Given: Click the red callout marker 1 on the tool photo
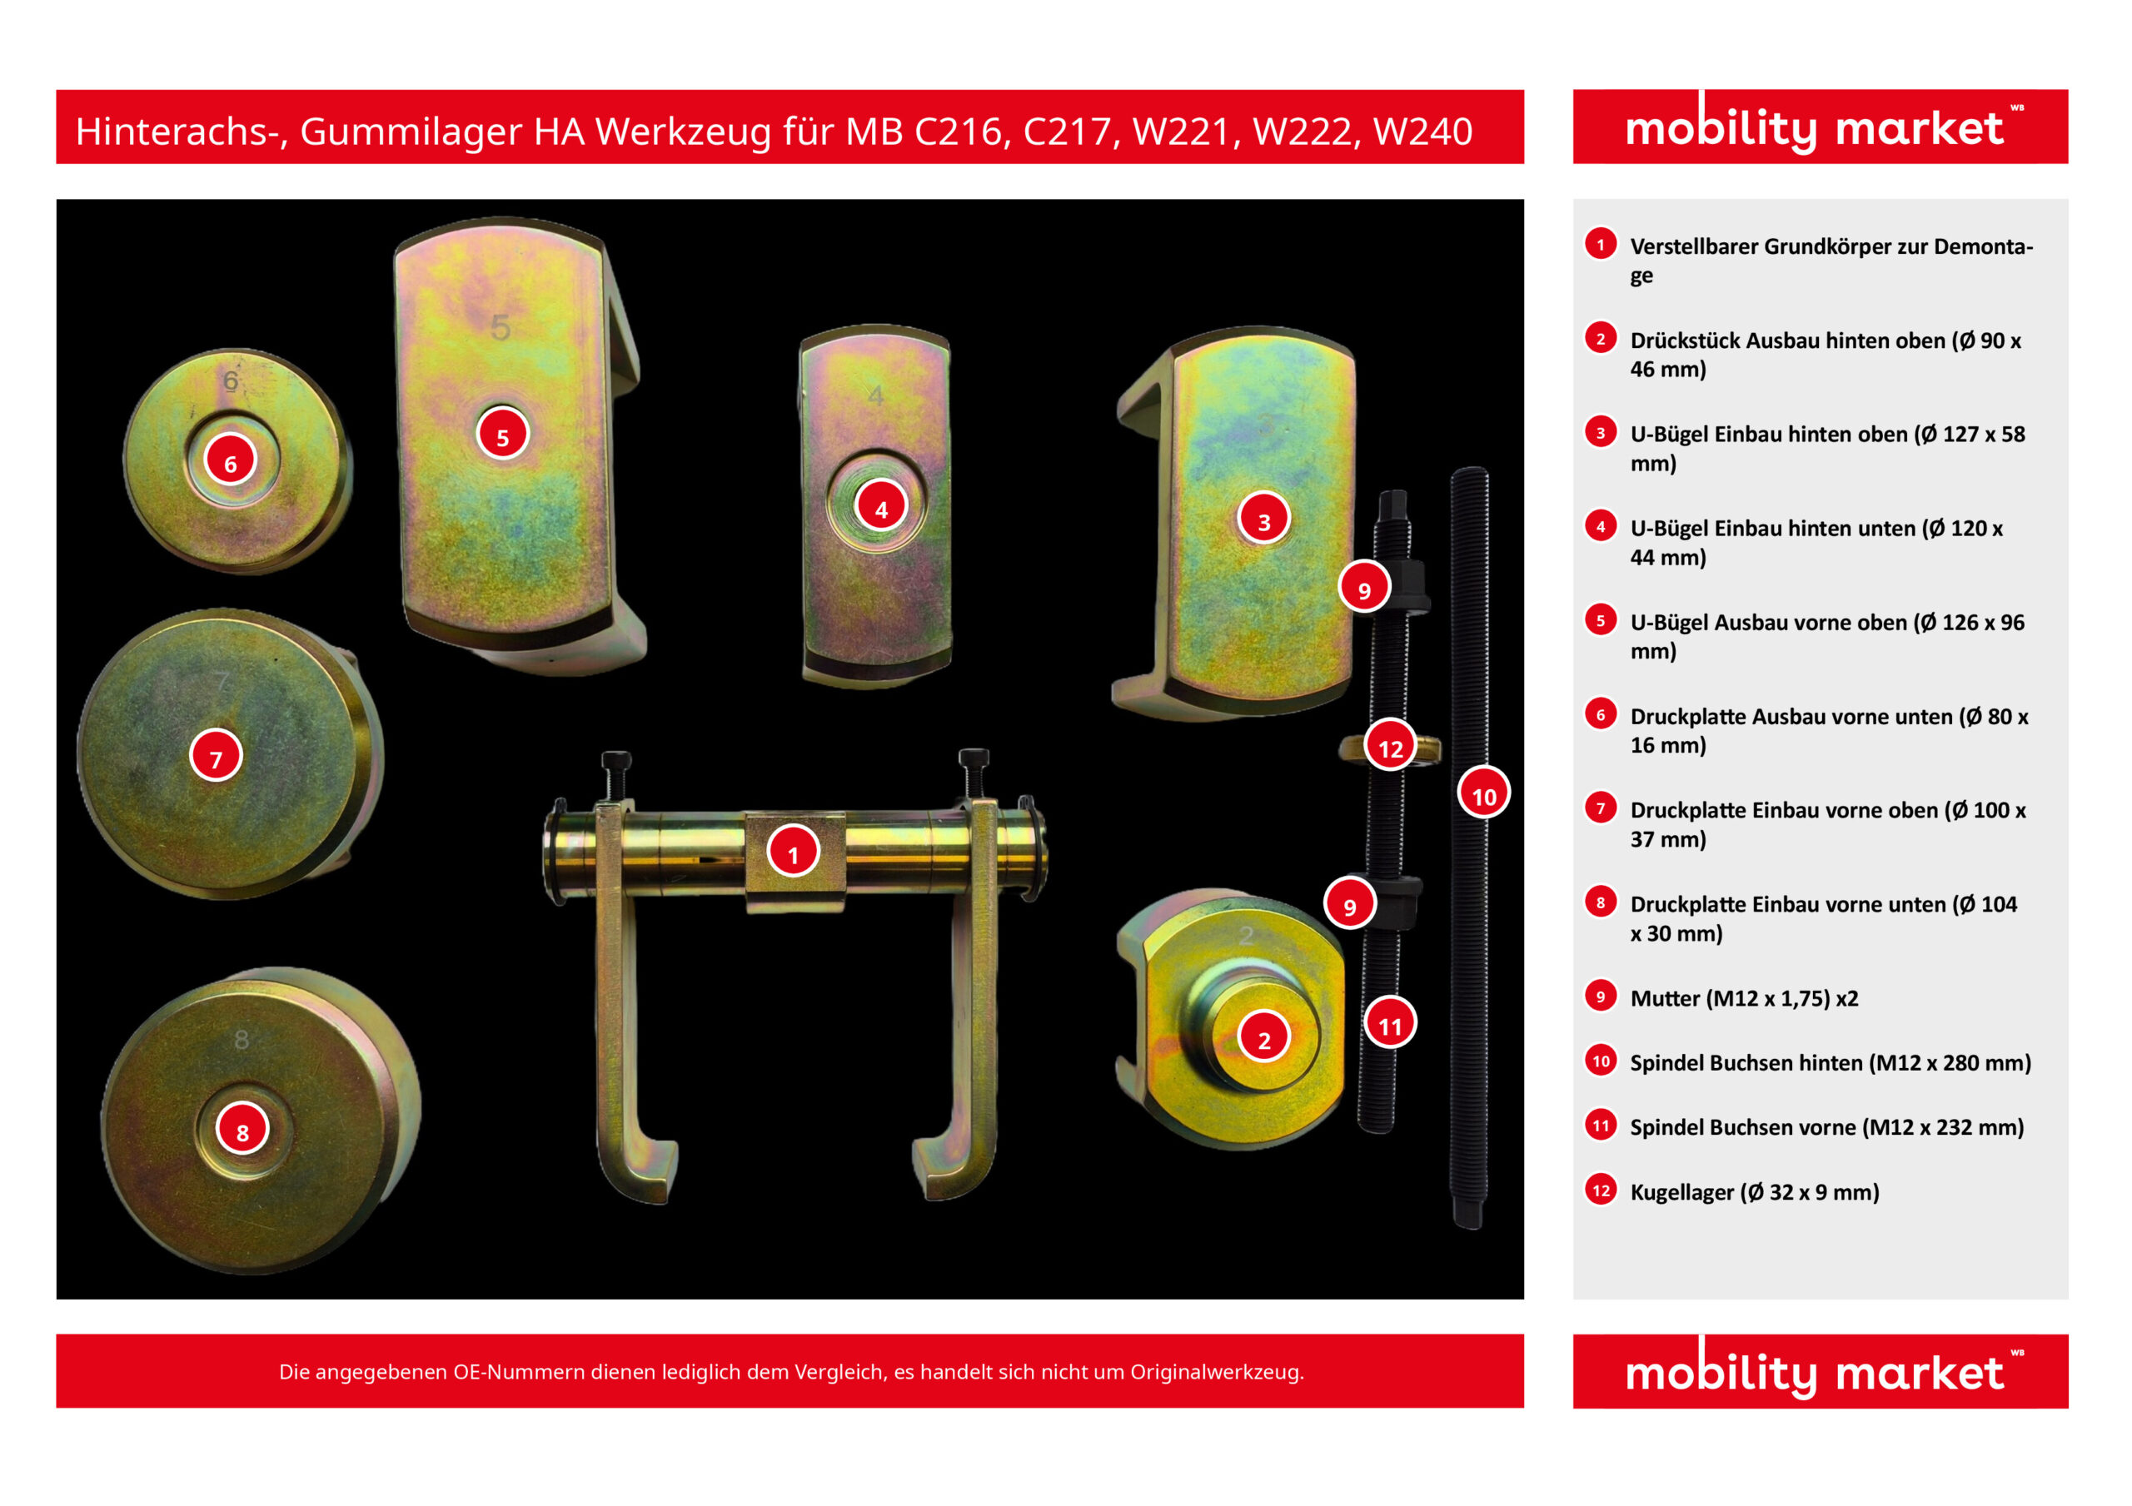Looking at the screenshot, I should coord(793,852).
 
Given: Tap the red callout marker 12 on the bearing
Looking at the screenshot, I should coord(1390,747).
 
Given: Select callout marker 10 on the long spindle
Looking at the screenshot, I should coord(1484,794).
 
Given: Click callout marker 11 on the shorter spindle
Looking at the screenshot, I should coord(1390,1024).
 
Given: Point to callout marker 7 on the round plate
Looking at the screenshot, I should coord(216,757).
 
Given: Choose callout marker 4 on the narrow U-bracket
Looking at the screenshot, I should coord(880,507).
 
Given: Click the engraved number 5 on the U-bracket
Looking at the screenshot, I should coord(501,328).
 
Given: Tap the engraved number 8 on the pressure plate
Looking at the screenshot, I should coord(242,1039).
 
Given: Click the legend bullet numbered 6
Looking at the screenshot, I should coord(1600,714).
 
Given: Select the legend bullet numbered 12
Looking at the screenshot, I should coord(1601,1190).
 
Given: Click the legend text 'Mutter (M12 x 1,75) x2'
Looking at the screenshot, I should coord(1744,998).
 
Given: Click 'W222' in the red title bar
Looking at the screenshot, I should coord(1299,131).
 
